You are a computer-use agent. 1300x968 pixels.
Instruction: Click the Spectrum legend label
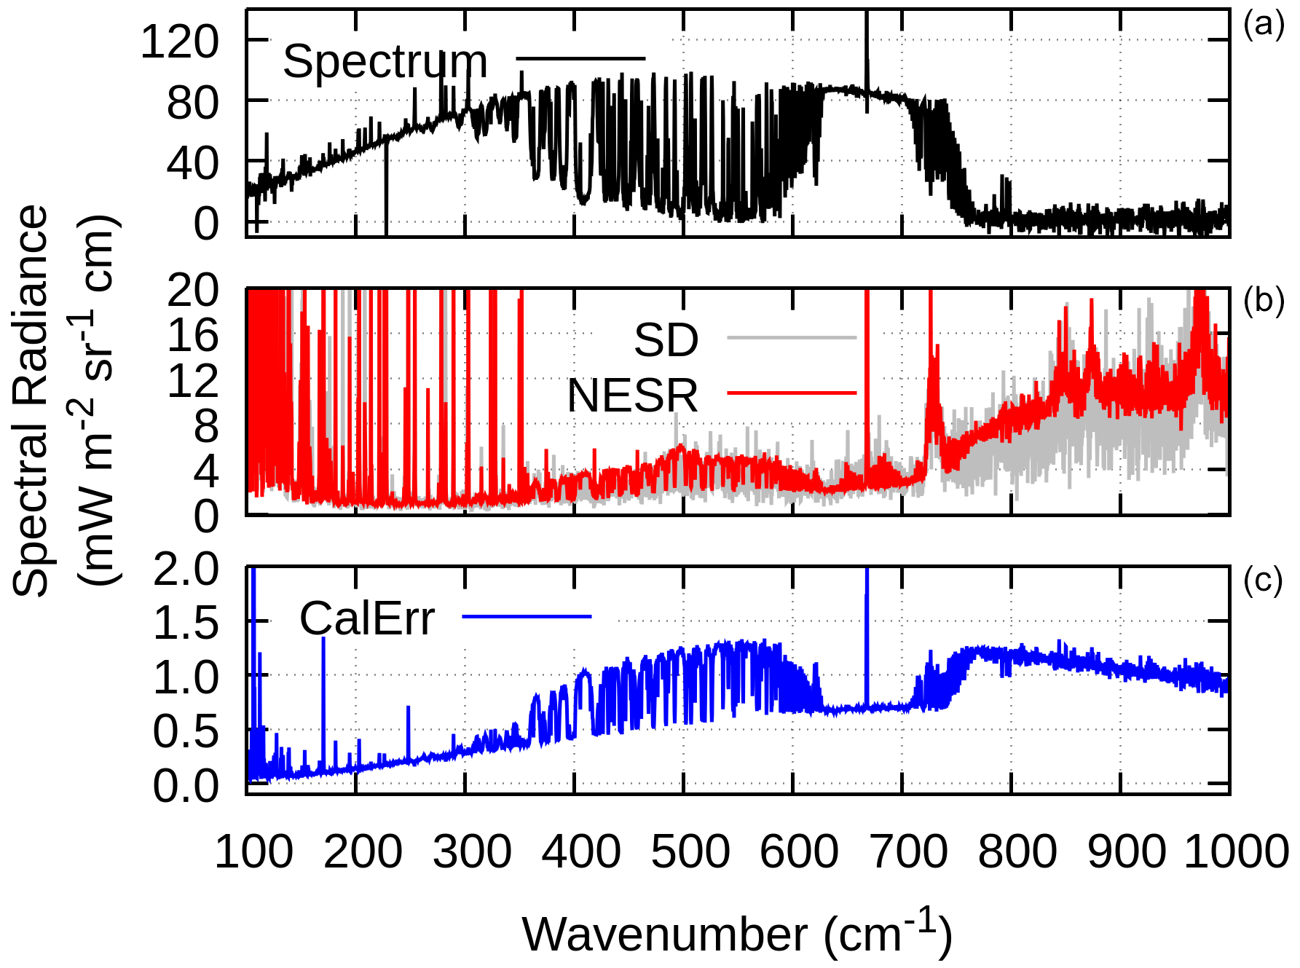[385, 62]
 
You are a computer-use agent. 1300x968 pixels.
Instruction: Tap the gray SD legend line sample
[792, 338]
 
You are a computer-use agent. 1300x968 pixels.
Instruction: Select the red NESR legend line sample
[792, 393]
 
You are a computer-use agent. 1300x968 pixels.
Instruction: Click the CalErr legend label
[367, 619]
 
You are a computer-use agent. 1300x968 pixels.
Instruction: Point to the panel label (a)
[1264, 25]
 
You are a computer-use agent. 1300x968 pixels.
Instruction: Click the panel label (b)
[1264, 300]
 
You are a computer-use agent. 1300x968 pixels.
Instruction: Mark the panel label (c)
[1264, 581]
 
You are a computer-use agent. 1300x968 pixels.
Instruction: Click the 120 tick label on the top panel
[179, 42]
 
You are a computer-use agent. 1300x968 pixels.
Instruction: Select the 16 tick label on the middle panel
[192, 336]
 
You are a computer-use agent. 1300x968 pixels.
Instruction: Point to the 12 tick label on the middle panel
[192, 381]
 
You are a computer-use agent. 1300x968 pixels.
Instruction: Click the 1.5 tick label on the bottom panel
[186, 623]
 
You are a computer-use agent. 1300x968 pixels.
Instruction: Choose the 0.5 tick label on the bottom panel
[186, 731]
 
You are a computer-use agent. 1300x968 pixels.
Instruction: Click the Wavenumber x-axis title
[736, 934]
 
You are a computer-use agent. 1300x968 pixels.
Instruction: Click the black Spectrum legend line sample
[580, 58]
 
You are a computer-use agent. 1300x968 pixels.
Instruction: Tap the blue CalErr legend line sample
[527, 617]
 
